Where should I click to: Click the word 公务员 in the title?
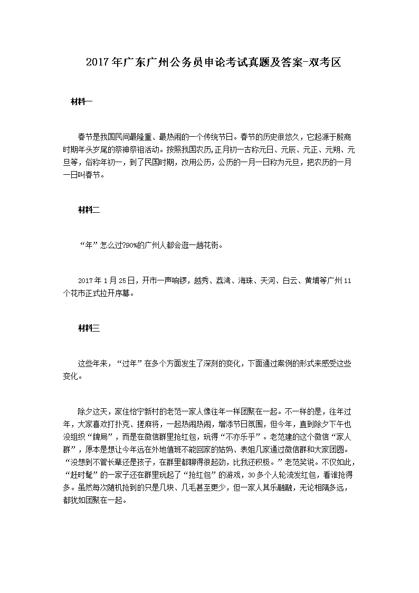coord(182,63)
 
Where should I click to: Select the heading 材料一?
coord(81,101)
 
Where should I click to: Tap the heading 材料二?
coord(88,210)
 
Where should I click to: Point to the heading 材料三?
coord(88,328)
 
